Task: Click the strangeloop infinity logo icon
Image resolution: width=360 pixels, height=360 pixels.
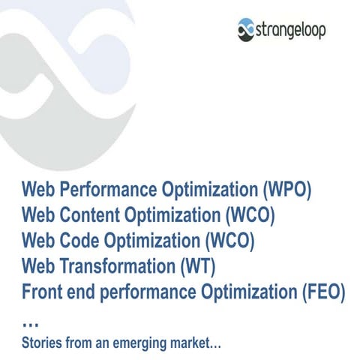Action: [247, 30]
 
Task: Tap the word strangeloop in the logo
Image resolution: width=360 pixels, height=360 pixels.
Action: [291, 31]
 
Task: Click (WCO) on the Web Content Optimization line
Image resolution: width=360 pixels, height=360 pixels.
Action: [250, 214]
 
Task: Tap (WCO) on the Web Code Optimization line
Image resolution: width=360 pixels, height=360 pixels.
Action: [230, 241]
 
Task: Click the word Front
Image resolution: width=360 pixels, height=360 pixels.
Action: [43, 292]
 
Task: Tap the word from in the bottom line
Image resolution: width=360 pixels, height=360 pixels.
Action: [78, 344]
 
